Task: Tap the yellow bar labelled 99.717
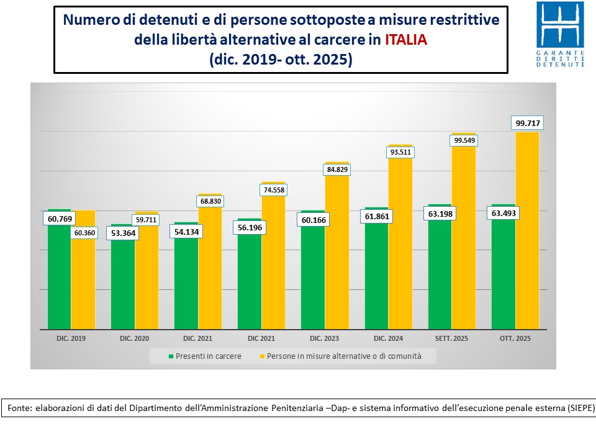click(527, 230)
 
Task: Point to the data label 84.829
click(337, 169)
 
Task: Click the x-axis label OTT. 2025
click(515, 339)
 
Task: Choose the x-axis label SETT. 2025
click(451, 339)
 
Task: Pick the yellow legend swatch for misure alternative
click(261, 356)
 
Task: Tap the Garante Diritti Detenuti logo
click(560, 35)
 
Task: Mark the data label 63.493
click(503, 213)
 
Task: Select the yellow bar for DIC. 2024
click(400, 242)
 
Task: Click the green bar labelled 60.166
click(312, 273)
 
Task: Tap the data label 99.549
click(464, 140)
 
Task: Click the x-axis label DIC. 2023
click(325, 339)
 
